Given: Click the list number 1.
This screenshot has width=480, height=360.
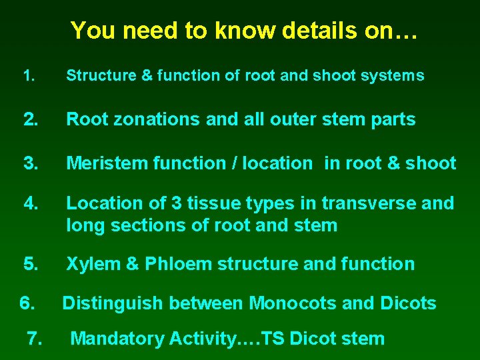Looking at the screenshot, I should tap(27, 76).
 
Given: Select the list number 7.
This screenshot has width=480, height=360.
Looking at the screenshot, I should tap(35, 339).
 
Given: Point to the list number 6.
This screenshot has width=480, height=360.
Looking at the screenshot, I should tap(27, 304).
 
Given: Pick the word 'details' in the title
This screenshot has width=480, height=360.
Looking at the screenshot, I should tap(317, 30).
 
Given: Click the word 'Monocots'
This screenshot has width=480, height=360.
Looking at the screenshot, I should tap(292, 304).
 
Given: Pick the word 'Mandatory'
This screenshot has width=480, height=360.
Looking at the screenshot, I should tap(117, 339).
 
